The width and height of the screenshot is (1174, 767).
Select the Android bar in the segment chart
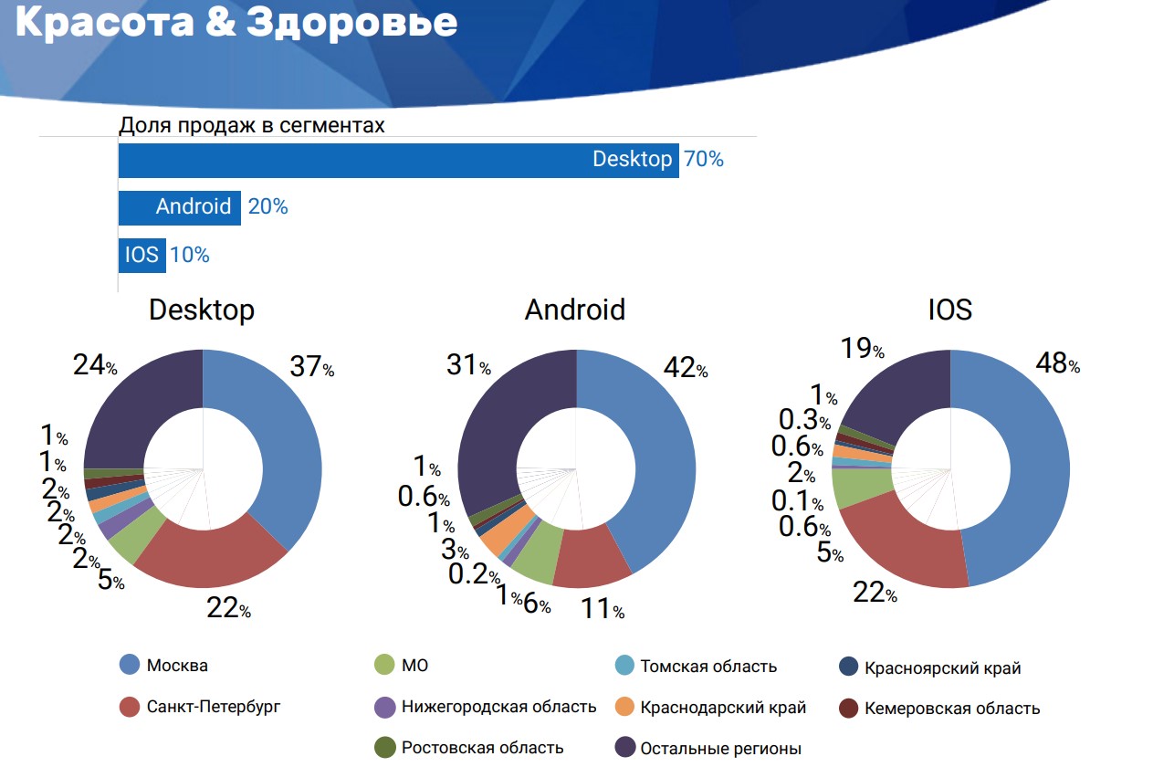pos(179,207)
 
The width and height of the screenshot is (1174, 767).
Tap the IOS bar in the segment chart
pos(142,255)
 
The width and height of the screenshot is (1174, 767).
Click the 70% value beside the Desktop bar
pos(703,160)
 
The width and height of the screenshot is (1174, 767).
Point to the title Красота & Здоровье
pos(236,24)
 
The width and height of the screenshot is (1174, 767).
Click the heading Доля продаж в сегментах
pos(252,125)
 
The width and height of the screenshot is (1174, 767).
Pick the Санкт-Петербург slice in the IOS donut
pos(904,548)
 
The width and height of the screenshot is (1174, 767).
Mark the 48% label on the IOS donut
pos(1057,363)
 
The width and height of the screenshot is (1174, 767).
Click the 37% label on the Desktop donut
pos(311,367)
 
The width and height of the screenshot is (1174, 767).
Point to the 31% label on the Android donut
pos(468,365)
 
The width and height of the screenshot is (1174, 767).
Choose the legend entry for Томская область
pos(708,667)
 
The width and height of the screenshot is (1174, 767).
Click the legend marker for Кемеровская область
pos(849,708)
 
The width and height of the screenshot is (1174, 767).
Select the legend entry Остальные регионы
pos(719,749)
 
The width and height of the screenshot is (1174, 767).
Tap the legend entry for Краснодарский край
pos(722,708)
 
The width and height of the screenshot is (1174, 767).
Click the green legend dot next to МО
pos(385,666)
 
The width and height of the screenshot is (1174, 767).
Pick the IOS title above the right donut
pos(949,310)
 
